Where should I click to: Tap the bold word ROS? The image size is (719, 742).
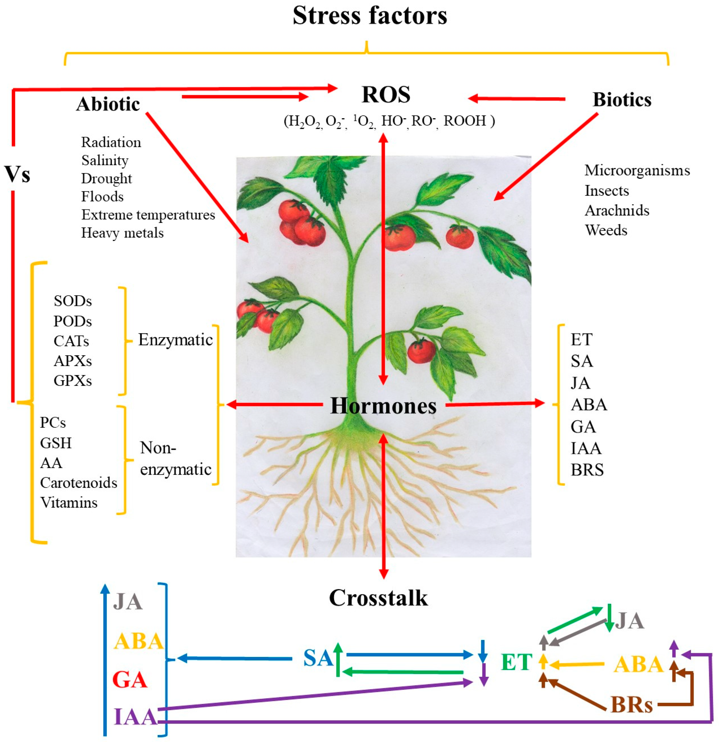click(386, 95)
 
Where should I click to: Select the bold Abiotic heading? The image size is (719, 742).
click(108, 104)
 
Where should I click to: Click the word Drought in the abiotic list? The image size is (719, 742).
click(106, 178)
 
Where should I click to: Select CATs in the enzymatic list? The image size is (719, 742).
click(71, 341)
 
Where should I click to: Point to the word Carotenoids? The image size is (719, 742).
click(79, 483)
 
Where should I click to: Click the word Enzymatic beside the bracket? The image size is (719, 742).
click(175, 340)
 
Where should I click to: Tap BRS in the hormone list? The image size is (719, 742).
click(587, 470)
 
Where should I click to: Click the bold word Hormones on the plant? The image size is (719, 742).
click(383, 406)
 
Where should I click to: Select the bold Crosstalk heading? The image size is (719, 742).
click(378, 598)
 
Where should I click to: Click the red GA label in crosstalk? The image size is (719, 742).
click(130, 680)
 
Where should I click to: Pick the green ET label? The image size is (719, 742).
click(516, 662)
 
